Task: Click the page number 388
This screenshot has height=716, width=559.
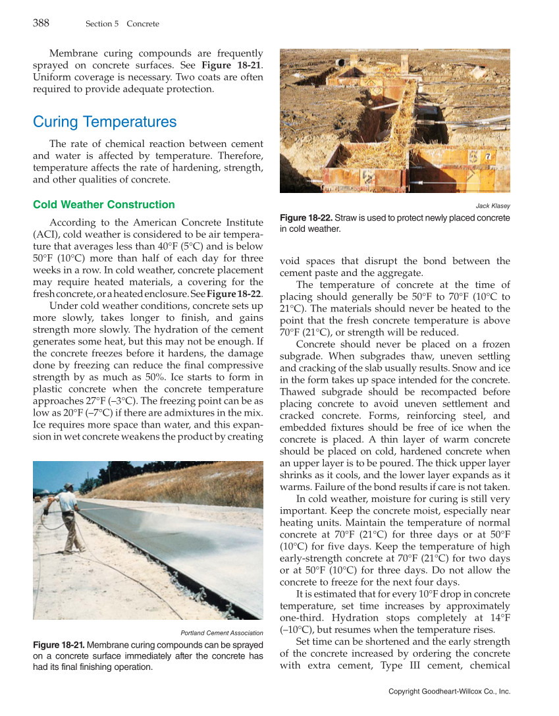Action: tap(41, 23)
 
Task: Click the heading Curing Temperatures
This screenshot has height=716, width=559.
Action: tap(105, 122)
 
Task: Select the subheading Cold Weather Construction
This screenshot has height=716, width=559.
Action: tap(104, 204)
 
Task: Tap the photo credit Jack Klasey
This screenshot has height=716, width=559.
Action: tap(492, 206)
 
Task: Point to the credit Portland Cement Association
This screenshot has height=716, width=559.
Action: tap(222, 633)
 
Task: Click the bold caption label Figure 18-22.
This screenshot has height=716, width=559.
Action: tap(306, 218)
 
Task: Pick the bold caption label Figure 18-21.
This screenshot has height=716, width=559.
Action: tap(59, 644)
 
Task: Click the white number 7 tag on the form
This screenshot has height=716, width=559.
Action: tap(488, 157)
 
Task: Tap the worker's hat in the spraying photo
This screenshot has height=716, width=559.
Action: tap(69, 486)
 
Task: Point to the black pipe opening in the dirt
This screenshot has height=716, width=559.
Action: tap(340, 63)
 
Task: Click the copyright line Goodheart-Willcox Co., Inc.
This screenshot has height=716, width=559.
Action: tap(450, 691)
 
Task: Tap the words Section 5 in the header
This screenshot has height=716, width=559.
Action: tap(102, 24)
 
